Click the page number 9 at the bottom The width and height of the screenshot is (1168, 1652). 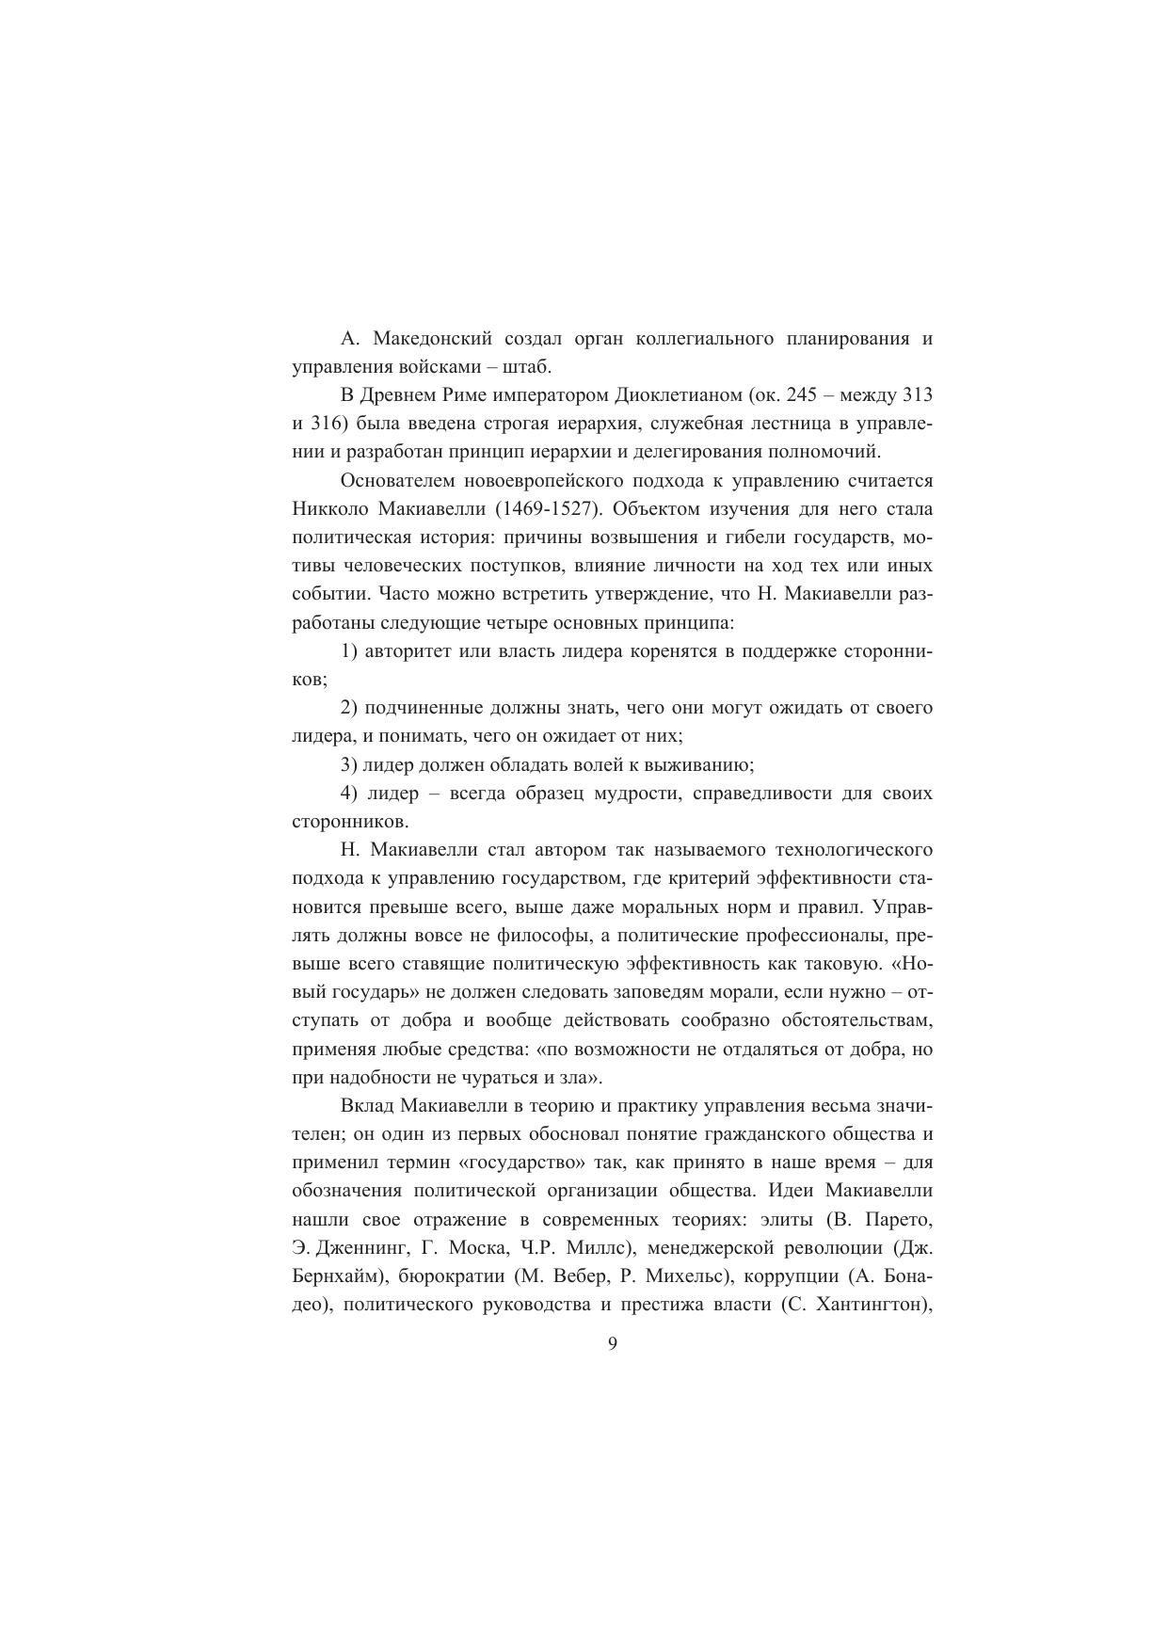pyautogui.click(x=613, y=1343)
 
